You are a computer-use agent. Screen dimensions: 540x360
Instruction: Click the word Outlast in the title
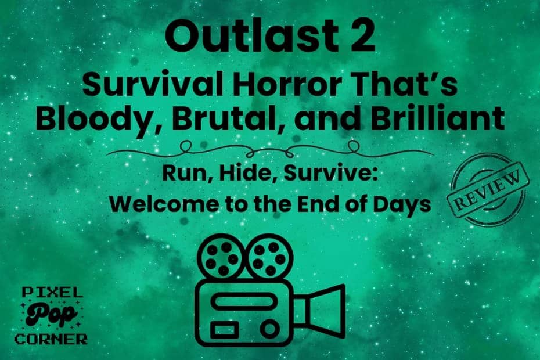(250, 35)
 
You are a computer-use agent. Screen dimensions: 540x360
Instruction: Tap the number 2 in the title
(362, 36)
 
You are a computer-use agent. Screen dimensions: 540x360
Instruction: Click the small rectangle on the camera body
(225, 330)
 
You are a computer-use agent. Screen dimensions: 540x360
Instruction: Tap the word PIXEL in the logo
(52, 293)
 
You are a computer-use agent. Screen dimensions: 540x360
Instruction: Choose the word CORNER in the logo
(51, 339)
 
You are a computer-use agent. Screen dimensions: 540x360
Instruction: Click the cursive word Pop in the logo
(51, 315)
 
